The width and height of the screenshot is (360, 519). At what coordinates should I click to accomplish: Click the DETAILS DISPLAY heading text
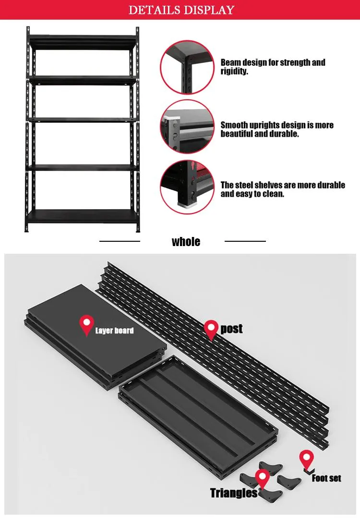coord(181,10)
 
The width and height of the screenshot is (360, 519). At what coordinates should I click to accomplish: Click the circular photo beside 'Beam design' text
coord(187,67)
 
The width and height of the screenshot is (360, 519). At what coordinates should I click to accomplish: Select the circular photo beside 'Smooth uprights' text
coord(187,127)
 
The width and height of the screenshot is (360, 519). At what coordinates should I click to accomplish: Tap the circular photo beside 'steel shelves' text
coord(187,187)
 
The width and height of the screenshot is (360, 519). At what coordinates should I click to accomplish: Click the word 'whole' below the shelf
coord(186,241)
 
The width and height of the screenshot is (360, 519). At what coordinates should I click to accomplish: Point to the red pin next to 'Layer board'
coord(87,325)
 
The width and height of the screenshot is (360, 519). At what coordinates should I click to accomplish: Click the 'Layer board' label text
coord(114,330)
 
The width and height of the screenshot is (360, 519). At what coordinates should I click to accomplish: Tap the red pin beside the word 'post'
coord(211,330)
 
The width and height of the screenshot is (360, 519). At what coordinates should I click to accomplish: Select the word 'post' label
coord(231,329)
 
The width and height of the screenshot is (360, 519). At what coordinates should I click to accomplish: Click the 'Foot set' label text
coord(326,478)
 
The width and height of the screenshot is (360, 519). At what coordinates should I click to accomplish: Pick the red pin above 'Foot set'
coord(307,460)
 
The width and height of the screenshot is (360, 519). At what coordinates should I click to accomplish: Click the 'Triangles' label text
coord(234,493)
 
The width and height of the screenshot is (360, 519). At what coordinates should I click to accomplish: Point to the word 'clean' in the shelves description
coord(272,194)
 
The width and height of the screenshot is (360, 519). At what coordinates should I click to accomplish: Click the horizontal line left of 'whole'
coord(120,241)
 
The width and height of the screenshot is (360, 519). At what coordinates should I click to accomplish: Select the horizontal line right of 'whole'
coord(245,241)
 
